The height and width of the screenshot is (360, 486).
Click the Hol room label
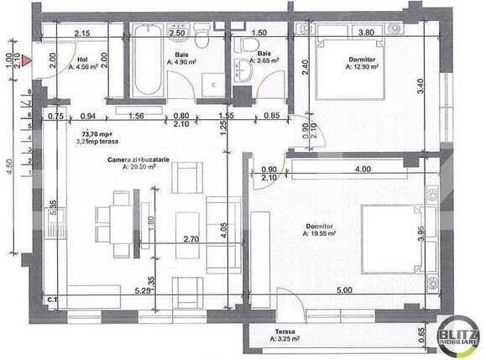[x=82, y=60]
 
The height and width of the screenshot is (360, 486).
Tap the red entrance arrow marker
[x=27, y=60]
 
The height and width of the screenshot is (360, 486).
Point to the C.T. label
[x=51, y=300]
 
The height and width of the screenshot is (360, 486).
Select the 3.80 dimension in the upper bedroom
[x=367, y=33]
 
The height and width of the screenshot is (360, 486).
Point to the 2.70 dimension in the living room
[x=190, y=239]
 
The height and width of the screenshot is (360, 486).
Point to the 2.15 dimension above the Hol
[x=81, y=34]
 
